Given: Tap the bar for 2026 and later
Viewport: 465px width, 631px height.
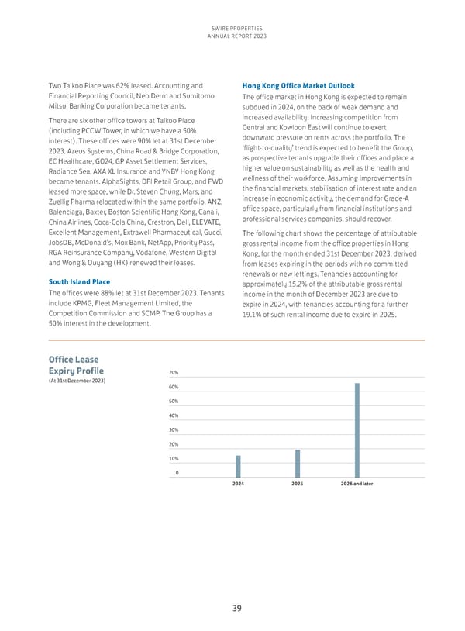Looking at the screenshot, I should coord(356,428).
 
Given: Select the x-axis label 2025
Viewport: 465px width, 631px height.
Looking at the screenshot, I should coord(298,484).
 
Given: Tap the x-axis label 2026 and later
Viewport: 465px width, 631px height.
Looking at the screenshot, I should coord(356,484).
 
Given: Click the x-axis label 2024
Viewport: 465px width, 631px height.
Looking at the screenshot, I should coord(238,484).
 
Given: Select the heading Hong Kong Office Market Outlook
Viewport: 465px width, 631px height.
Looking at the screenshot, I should coord(299,85).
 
